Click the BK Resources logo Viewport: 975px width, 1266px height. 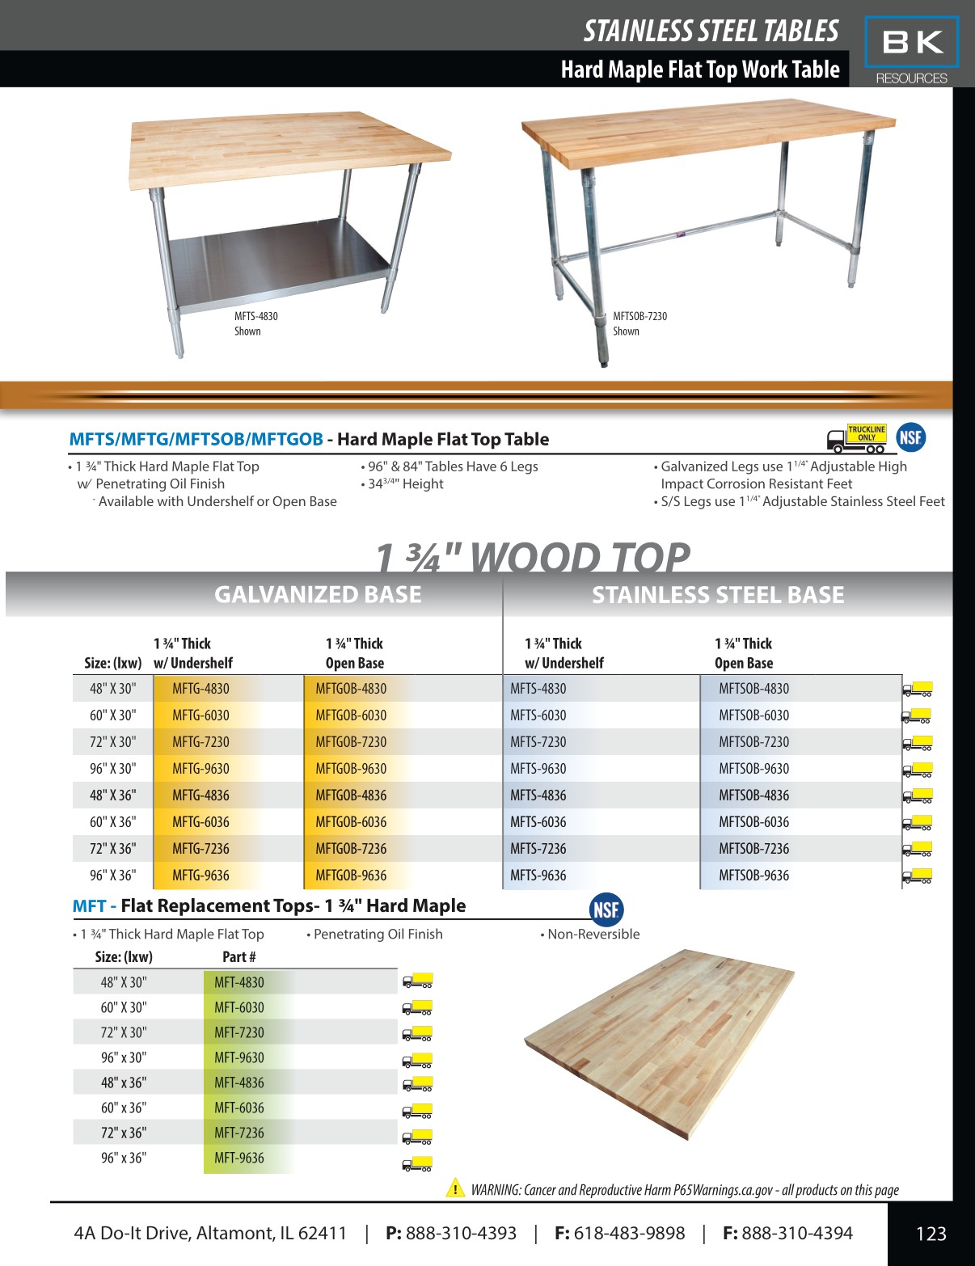point(911,50)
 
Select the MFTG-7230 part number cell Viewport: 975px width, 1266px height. point(200,742)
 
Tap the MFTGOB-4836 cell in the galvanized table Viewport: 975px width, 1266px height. point(351,795)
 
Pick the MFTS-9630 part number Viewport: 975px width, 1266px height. point(538,769)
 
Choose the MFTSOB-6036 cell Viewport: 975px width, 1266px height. point(753,822)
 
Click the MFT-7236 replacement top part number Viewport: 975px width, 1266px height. point(239,1133)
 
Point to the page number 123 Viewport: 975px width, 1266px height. point(931,1234)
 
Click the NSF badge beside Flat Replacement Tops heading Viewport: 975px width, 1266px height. point(606,910)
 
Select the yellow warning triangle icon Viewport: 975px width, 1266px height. point(455,1188)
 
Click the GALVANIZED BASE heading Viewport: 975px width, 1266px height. point(318,595)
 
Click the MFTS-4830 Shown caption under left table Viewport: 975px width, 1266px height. point(256,323)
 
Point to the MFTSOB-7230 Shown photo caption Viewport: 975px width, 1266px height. point(639,323)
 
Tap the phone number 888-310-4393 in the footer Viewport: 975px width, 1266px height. point(461,1234)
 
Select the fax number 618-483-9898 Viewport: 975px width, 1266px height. point(629,1234)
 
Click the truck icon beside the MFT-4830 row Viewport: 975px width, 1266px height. point(417,981)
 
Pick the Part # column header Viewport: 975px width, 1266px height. point(239,957)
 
